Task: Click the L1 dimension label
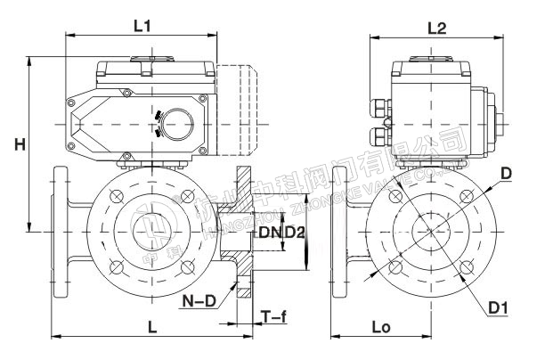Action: point(141,27)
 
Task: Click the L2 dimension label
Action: point(435,28)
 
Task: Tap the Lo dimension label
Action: point(380,328)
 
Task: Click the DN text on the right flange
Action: point(270,233)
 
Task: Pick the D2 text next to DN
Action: point(295,233)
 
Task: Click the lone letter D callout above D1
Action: point(505,175)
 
